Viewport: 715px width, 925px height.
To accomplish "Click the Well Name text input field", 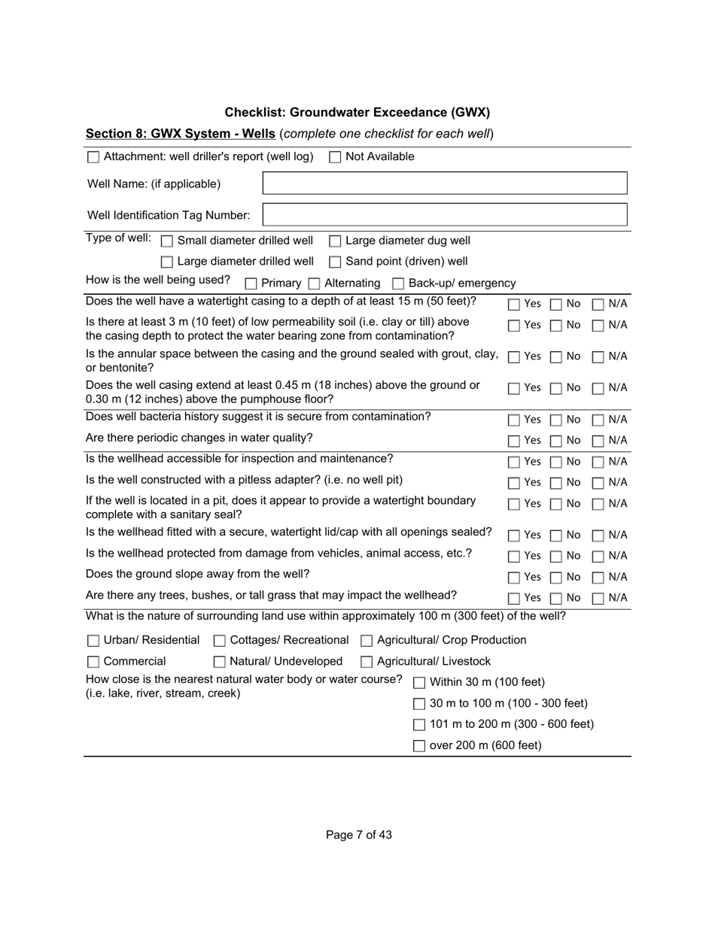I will click(444, 183).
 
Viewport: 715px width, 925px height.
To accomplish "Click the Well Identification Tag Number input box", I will click(444, 215).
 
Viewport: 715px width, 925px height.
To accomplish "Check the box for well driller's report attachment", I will click(93, 157).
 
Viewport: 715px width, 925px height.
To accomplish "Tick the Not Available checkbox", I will click(335, 157).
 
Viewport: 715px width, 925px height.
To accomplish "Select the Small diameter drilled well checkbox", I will click(167, 241).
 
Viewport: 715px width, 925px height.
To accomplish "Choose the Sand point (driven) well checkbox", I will click(335, 262).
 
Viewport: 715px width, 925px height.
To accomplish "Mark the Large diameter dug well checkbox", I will click(335, 241).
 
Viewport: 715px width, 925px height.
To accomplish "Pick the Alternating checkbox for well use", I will click(314, 284).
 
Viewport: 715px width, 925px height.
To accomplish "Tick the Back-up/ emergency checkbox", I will click(398, 284).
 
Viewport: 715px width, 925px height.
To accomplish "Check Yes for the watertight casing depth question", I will click(513, 305).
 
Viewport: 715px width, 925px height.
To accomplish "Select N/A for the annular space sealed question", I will click(598, 357).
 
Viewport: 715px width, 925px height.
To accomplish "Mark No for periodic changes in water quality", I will click(555, 441).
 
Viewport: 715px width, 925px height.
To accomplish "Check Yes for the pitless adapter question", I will click(513, 483).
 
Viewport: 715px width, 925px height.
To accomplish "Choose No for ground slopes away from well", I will click(555, 578).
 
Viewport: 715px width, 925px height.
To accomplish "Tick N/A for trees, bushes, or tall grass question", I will click(598, 599).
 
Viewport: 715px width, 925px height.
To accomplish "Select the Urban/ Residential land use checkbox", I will click(93, 641).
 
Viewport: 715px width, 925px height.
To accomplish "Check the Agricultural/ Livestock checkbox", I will click(367, 662).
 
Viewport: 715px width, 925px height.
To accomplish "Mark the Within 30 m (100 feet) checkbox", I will click(419, 683).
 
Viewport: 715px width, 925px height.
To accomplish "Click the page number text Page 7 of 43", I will click(358, 835).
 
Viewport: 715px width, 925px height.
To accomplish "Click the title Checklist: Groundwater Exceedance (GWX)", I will click(357, 113).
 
